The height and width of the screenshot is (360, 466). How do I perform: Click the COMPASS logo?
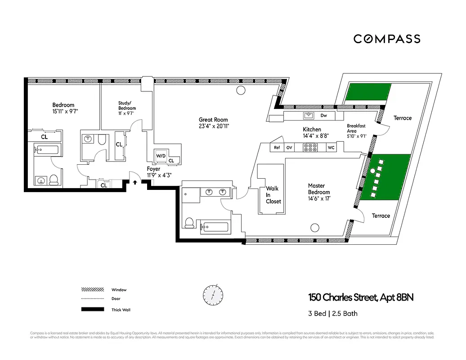pyautogui.click(x=386, y=39)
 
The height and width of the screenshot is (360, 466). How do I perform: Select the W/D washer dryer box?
pyautogui.click(x=161, y=155)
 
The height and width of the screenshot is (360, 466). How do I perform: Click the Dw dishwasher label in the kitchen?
pyautogui.click(x=323, y=116)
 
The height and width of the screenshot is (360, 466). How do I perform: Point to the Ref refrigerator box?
pyautogui.click(x=277, y=147)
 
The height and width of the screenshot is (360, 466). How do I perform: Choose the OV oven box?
pyautogui.click(x=289, y=147)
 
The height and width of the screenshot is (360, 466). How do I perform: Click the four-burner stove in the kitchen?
pyautogui.click(x=310, y=147)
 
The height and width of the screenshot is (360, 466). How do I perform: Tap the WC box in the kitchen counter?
pyautogui.click(x=331, y=147)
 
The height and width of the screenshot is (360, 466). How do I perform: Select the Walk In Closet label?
pyautogui.click(x=273, y=195)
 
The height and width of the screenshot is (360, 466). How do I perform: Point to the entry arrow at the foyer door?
pyautogui.click(x=135, y=182)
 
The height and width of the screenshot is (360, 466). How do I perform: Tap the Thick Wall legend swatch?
pyautogui.click(x=92, y=310)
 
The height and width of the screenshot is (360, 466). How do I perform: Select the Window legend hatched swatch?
pyautogui.click(x=92, y=290)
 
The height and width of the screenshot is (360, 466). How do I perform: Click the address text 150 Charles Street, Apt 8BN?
pyautogui.click(x=360, y=297)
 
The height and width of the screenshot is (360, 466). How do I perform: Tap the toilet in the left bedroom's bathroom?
pyautogui.click(x=54, y=180)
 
